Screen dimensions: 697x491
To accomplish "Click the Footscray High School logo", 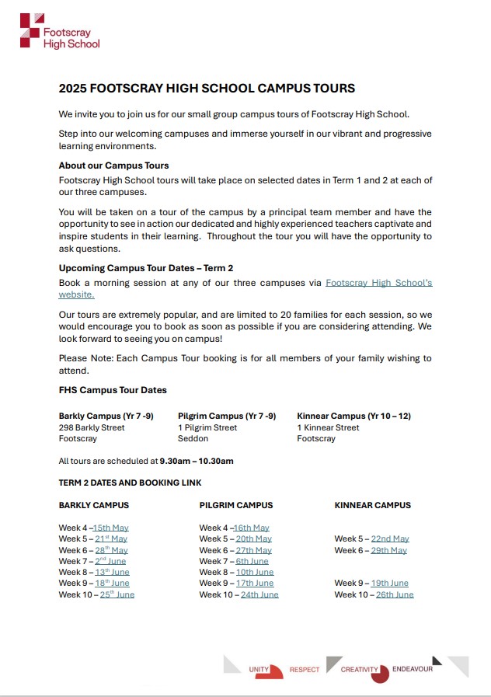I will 60,31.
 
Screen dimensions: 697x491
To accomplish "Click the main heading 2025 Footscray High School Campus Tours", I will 207,89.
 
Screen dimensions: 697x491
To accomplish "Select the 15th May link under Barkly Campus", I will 110,528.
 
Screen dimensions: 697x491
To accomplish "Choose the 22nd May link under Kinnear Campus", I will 390,539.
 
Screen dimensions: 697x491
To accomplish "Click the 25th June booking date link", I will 117,594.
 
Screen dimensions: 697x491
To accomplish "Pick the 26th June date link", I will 395,595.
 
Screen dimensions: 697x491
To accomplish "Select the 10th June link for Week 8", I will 255,573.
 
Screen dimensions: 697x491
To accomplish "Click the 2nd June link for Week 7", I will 110,561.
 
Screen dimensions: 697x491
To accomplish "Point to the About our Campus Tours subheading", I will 113,166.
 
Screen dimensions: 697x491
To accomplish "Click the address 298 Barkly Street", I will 92,427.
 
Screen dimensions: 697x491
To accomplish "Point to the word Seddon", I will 193,438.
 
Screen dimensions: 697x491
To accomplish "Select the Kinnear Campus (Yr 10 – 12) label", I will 353,416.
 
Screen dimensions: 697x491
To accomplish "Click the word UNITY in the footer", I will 259,669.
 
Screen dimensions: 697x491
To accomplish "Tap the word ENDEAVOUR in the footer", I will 413,669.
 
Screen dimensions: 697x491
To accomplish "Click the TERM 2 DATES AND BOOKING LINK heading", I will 130,483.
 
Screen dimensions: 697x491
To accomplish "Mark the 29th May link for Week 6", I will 388,551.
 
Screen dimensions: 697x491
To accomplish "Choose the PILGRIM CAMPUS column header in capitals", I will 236,505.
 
